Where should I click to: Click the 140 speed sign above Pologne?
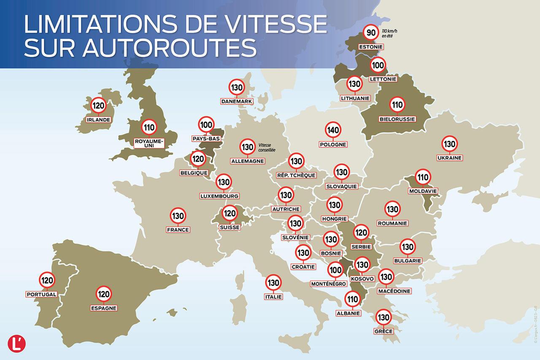click(x=333, y=130)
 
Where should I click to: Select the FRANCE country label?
click(x=178, y=230)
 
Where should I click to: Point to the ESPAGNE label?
click(x=103, y=308)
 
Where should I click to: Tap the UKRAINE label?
click(x=450, y=158)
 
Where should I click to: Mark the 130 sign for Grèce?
click(x=383, y=317)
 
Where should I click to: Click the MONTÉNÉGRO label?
click(x=329, y=284)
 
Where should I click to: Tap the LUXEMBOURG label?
click(x=220, y=196)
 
